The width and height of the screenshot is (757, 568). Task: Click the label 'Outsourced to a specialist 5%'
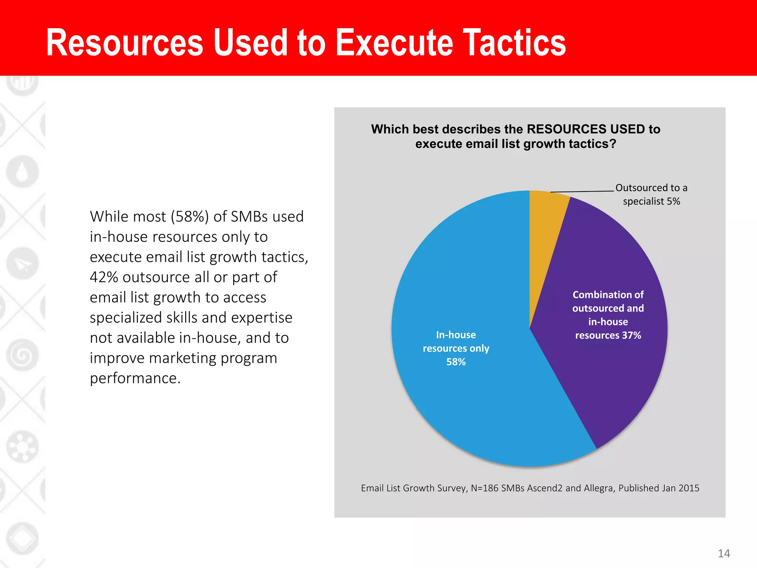pyautogui.click(x=651, y=195)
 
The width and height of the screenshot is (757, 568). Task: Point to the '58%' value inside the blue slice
pyautogui.click(x=456, y=362)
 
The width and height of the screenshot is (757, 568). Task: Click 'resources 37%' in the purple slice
pyautogui.click(x=608, y=335)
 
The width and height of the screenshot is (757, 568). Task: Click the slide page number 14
pyautogui.click(x=724, y=554)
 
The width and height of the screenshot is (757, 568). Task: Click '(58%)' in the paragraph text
pyautogui.click(x=190, y=217)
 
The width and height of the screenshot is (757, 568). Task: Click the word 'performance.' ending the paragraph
pyautogui.click(x=135, y=378)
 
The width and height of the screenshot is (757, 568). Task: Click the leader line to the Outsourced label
pyautogui.click(x=582, y=192)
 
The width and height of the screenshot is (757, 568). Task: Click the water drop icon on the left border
pyautogui.click(x=23, y=172)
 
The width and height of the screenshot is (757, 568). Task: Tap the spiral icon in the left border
pyautogui.click(x=23, y=355)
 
